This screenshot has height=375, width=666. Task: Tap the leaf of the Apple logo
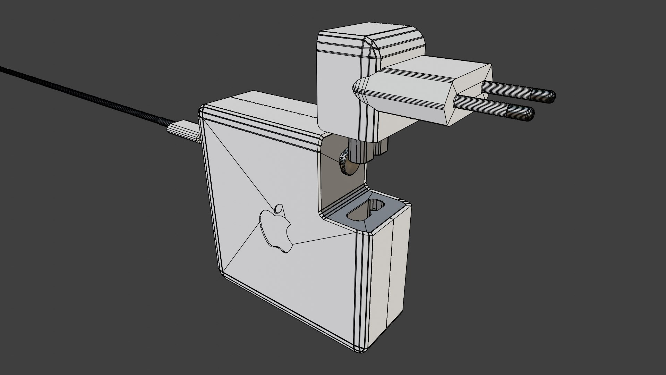278,209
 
